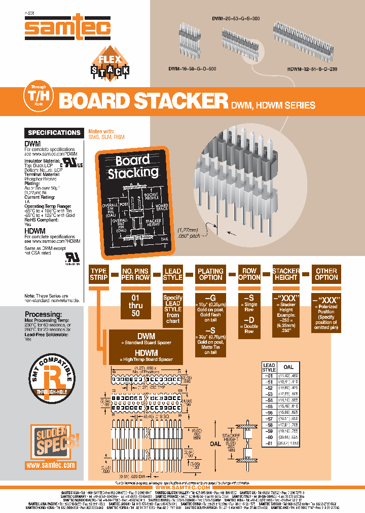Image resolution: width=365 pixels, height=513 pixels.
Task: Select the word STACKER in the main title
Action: pos(181,101)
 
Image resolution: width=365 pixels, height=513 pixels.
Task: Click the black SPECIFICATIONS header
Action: pos(54,133)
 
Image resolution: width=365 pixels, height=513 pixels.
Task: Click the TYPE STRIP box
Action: pos(98,274)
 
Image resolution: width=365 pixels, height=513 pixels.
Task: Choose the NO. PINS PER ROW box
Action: pos(135,274)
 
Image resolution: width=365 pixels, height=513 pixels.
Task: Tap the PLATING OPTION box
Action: pos(210,274)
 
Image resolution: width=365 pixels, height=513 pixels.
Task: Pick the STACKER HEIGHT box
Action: pos(286,274)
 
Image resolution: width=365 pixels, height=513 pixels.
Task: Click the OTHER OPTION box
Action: pos(326,274)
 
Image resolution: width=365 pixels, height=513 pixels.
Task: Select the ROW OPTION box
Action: pos(249,274)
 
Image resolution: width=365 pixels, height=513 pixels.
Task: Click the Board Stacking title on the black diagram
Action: pos(133,167)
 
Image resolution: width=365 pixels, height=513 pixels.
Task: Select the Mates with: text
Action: pos(101,131)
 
